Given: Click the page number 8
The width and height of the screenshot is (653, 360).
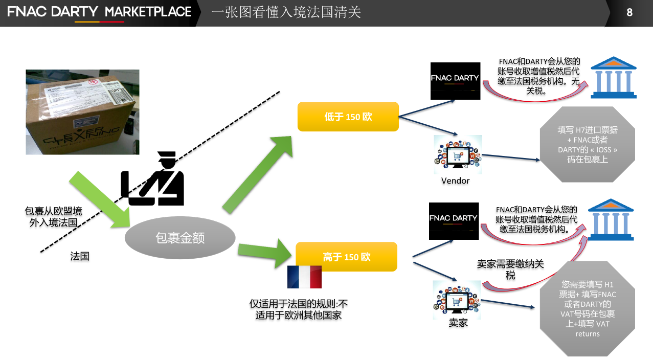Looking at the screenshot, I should point(629,12).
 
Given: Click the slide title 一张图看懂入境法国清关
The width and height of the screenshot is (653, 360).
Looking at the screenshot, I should point(286,12).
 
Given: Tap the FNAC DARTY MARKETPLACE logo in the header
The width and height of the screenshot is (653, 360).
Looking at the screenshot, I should point(100,12).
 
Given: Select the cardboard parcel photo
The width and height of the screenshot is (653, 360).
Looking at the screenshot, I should point(82,112).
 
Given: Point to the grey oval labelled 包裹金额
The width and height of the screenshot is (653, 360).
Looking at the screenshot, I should point(180,237).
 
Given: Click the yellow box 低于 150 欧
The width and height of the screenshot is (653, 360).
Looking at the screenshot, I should point(348,117).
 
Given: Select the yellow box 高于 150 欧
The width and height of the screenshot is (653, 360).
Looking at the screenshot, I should point(347,257).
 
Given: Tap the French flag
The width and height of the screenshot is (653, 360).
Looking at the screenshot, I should point(304,277).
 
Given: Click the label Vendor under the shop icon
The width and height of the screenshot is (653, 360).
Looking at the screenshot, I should point(455,181).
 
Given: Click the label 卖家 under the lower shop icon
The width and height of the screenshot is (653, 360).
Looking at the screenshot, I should point(458,323).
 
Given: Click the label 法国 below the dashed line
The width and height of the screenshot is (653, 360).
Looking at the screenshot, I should point(80,256).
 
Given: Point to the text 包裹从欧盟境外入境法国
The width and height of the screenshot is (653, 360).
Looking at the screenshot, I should point(53,217).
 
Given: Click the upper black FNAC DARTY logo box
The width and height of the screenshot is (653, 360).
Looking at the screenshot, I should point(455,81).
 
